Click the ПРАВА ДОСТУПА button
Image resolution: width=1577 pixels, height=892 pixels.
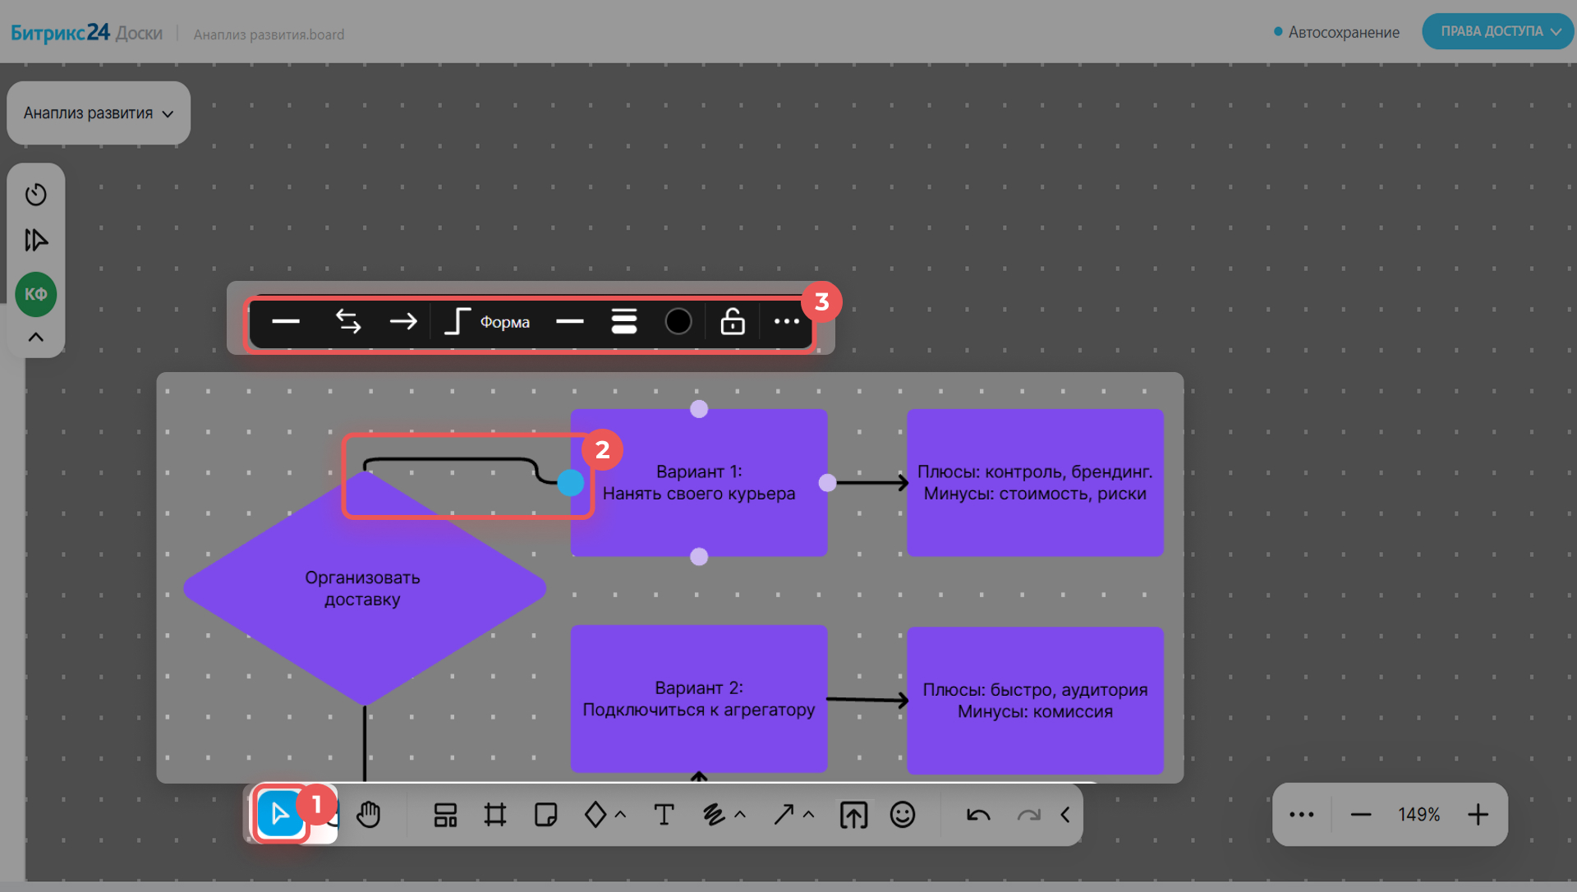pyautogui.click(x=1497, y=31)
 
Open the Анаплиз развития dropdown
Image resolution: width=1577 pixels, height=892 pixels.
pyautogui.click(x=99, y=113)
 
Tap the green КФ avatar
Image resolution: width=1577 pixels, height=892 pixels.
pyautogui.click(x=36, y=294)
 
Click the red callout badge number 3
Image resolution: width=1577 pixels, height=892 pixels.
pyautogui.click(x=821, y=302)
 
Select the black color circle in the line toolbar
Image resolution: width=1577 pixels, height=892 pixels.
pyautogui.click(x=678, y=321)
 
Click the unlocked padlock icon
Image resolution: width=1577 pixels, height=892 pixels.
pyautogui.click(x=733, y=321)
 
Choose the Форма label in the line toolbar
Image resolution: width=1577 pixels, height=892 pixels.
pyautogui.click(x=505, y=322)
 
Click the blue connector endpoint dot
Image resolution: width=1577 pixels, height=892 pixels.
pyautogui.click(x=571, y=483)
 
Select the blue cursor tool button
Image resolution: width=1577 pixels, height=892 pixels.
pyautogui.click(x=280, y=814)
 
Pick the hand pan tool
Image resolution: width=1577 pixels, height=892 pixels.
pyautogui.click(x=369, y=814)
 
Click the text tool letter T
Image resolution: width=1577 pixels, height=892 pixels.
pyautogui.click(x=664, y=814)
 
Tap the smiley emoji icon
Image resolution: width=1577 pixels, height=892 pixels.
pyautogui.click(x=903, y=814)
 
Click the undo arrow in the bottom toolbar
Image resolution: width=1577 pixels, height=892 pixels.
pyautogui.click(x=978, y=815)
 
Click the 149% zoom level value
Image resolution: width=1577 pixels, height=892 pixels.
pyautogui.click(x=1419, y=814)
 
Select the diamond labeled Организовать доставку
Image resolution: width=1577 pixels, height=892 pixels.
pyautogui.click(x=365, y=588)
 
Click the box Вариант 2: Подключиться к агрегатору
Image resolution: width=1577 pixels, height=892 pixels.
pyautogui.click(x=699, y=699)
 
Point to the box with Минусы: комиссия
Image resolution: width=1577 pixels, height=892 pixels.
pyautogui.click(x=1035, y=701)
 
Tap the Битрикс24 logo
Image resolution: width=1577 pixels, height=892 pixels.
pyautogui.click(x=60, y=33)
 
